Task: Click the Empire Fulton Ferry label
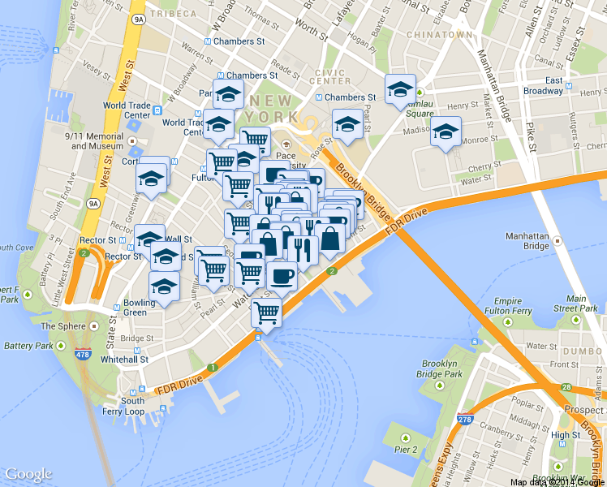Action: pyautogui.click(x=508, y=305)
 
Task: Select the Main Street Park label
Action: pyautogui.click(x=576, y=304)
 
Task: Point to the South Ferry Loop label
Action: pyautogui.click(x=132, y=406)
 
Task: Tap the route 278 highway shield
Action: pyautogui.click(x=465, y=420)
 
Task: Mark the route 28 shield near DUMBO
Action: pyautogui.click(x=565, y=388)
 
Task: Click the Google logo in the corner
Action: pyautogui.click(x=28, y=474)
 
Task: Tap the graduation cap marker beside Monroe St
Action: pyautogui.click(x=446, y=130)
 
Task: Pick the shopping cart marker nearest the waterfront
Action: pyautogui.click(x=266, y=311)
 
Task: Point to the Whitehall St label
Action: pyautogui.click(x=125, y=359)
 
